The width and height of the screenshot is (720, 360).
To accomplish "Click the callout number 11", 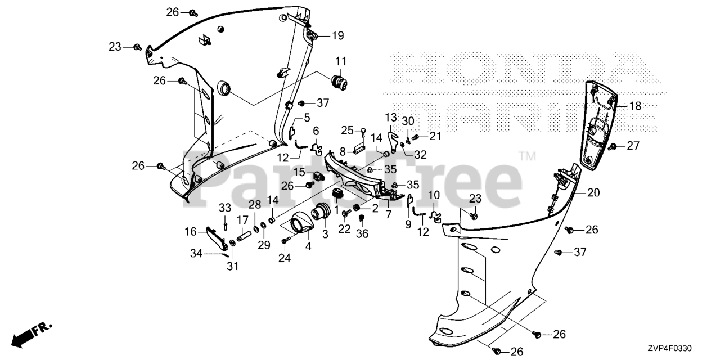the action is pyautogui.click(x=341, y=61).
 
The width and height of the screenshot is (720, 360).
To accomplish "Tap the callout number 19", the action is pyautogui.click(x=337, y=36).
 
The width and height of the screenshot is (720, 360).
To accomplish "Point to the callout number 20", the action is pyautogui.click(x=593, y=192).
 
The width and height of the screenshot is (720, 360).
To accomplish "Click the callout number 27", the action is pyautogui.click(x=633, y=146).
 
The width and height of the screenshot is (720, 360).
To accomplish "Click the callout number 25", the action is pyautogui.click(x=347, y=130).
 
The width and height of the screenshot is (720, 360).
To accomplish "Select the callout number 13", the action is pyautogui.click(x=391, y=117).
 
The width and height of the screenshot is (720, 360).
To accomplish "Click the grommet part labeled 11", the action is pyautogui.click(x=339, y=82).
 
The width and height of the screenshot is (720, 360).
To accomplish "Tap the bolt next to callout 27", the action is pyautogui.click(x=614, y=146).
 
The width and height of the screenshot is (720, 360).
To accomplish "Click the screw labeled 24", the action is pyautogui.click(x=285, y=241).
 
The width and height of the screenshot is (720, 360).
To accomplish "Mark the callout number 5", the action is pyautogui.click(x=307, y=118).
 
